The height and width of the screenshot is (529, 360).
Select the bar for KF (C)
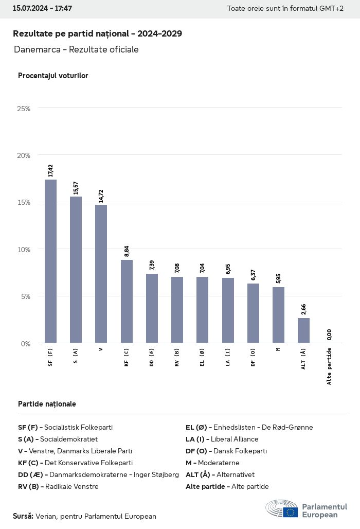point(127,301)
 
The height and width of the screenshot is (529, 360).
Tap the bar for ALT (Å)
point(303,330)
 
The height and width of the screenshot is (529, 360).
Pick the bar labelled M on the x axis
point(278,314)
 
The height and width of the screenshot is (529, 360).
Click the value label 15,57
point(76,186)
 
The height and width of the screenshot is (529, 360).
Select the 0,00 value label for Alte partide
point(329,335)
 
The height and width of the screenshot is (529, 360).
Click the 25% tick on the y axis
point(24,109)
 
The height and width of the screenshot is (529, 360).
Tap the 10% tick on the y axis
point(24,250)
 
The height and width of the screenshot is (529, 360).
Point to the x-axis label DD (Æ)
point(152,357)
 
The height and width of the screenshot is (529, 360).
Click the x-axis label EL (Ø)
point(202,357)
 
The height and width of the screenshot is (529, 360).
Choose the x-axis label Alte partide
point(329,366)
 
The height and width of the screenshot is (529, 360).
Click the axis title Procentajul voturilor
point(53,76)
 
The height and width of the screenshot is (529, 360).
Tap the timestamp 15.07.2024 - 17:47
point(42,9)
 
